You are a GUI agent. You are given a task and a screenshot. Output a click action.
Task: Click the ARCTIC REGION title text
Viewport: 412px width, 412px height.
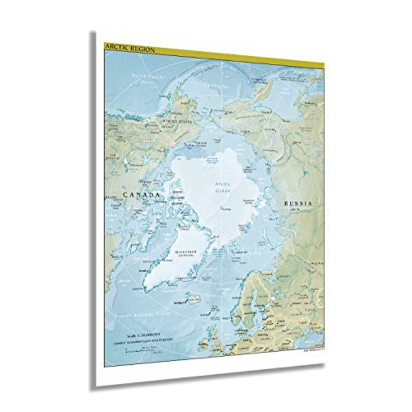(x=130, y=49)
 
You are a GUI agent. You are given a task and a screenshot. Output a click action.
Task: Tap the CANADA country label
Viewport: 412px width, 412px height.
(x=141, y=195)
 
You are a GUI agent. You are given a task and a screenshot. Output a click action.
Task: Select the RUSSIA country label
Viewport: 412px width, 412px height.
(x=298, y=204)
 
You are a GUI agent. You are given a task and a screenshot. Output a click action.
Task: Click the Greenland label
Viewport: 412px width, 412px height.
(x=186, y=252)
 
